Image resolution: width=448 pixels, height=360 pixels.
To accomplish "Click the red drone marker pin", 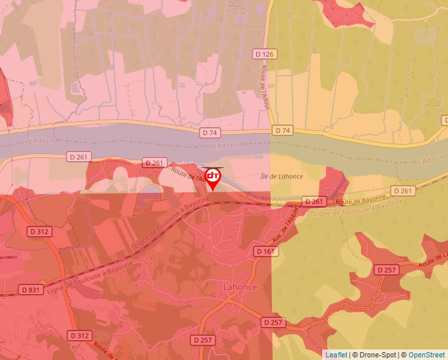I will (x=213, y=178).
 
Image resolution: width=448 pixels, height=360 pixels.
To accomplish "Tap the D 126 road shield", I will (x=266, y=54).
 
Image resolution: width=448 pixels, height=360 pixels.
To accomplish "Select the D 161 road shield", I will (x=265, y=251).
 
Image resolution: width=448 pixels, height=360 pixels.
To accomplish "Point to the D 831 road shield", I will (x=31, y=290).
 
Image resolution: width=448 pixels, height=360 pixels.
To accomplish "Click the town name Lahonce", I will (x=240, y=288).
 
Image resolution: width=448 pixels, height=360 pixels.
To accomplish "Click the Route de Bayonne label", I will (x=360, y=200).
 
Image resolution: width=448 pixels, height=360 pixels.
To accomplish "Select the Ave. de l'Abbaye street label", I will (x=285, y=224).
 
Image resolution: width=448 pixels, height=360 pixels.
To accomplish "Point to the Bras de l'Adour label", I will (x=267, y=197).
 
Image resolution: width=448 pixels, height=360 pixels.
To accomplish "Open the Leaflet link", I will (x=336, y=355).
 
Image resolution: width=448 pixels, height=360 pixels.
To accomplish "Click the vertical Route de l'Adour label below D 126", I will (x=266, y=86).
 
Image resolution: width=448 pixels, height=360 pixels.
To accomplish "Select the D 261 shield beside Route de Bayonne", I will (x=314, y=201).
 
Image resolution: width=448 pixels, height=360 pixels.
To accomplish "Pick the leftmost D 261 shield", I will (x=79, y=157).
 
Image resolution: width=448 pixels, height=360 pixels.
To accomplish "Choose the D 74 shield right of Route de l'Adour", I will (x=283, y=130).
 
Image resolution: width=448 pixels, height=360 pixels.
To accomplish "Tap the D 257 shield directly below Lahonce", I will (x=204, y=340).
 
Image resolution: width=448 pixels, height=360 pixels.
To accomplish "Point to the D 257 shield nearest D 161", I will (x=273, y=322).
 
